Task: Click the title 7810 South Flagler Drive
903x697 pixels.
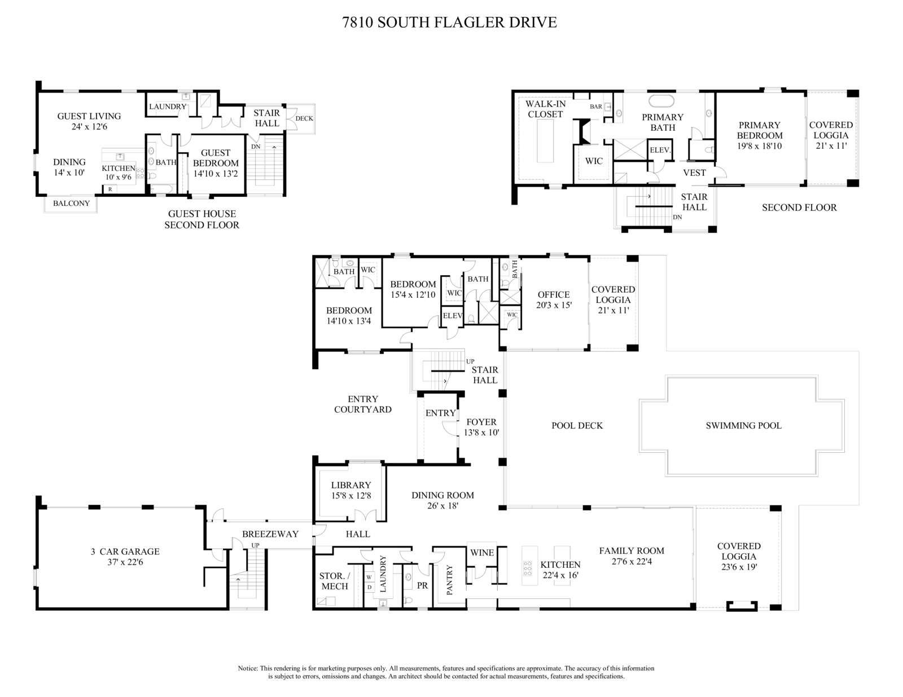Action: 450,23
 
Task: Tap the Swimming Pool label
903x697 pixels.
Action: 743,426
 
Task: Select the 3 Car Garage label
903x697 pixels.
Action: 125,552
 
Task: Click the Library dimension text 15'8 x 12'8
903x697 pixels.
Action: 351,496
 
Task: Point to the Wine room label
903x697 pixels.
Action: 482,553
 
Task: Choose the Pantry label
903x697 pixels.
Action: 450,580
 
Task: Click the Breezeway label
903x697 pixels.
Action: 270,534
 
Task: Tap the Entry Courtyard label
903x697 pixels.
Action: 362,404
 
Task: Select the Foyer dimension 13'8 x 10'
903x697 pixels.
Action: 481,433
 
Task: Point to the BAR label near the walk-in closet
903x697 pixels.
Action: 596,107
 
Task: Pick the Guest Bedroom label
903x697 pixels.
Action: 216,157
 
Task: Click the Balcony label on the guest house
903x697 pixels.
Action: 71,203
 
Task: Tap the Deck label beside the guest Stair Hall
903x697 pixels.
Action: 304,118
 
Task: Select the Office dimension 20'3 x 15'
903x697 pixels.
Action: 554,305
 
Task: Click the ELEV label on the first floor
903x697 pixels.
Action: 453,316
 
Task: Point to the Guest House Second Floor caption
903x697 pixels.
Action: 201,219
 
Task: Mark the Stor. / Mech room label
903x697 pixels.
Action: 335,581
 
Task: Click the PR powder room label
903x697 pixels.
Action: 422,585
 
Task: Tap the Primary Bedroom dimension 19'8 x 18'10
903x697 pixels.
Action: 760,146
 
